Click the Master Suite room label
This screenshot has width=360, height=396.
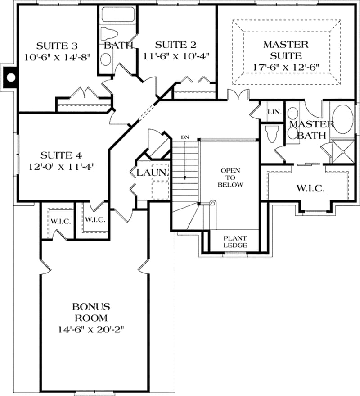point(286,50)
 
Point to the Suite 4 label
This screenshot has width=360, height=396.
point(61,156)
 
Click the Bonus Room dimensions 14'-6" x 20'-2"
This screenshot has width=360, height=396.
point(91,329)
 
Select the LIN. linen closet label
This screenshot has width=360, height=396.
point(274,112)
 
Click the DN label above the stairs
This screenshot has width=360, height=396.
point(184,137)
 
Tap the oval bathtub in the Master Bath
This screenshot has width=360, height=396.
point(343,119)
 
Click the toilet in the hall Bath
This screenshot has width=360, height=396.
point(108,34)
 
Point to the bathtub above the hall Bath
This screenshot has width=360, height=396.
point(118,14)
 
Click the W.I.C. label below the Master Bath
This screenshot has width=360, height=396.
point(310,188)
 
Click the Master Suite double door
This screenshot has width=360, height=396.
point(237,96)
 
